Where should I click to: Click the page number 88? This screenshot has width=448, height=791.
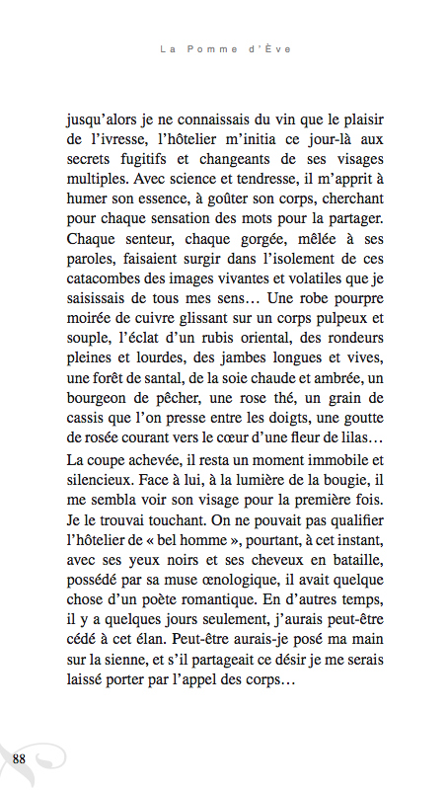coord(19,758)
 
